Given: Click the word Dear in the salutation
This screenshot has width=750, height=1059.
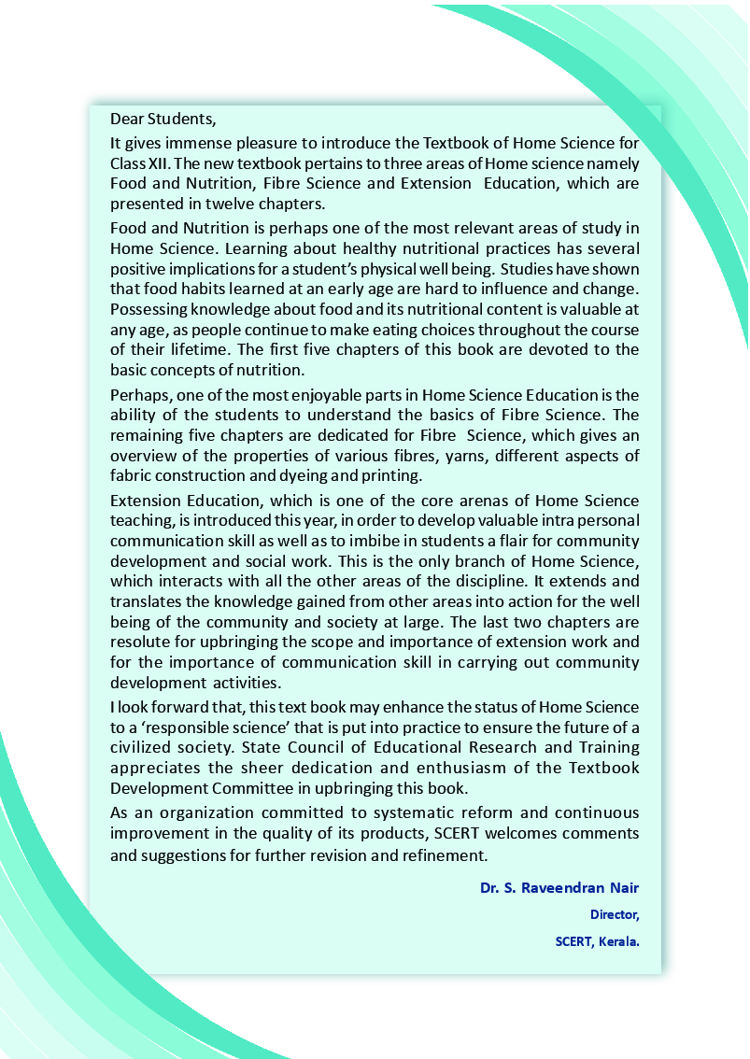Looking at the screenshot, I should click(127, 120).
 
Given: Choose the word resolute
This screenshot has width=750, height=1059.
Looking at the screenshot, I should click(140, 642).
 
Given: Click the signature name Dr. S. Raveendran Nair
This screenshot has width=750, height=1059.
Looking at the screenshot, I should click(559, 887).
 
